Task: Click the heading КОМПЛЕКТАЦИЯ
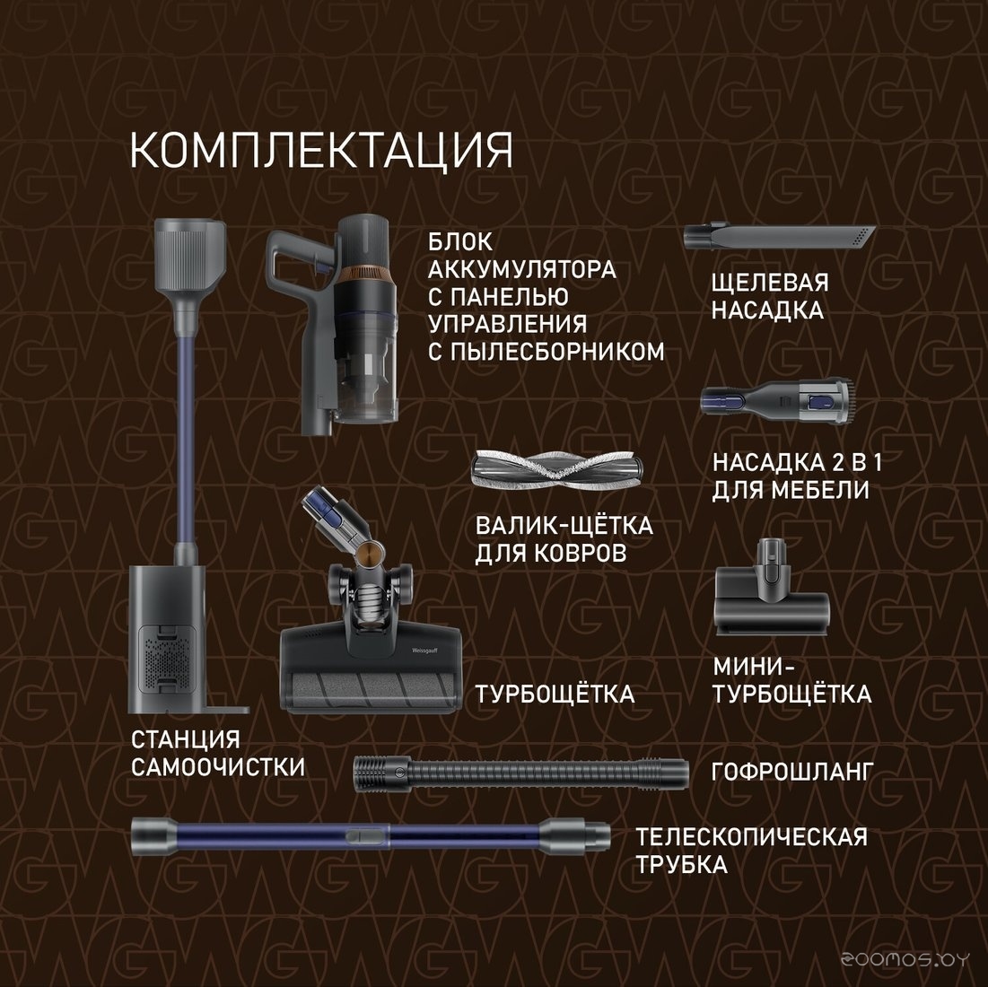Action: point(321,151)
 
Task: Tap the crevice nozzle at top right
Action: point(780,237)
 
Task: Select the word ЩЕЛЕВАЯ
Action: point(770,282)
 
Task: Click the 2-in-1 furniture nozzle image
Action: point(778,400)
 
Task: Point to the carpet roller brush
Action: point(557,470)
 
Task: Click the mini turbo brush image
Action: point(772,588)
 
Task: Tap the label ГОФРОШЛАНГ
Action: point(792,771)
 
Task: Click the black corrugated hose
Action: point(521,773)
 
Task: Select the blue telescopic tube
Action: point(371,836)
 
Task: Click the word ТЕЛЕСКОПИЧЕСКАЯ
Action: point(751,836)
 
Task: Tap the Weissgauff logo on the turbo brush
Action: point(424,650)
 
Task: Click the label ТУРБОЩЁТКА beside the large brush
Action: point(555,694)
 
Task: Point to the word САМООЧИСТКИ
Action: point(218,767)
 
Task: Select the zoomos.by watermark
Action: point(905,958)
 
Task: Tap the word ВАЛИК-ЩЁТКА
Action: point(564,525)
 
